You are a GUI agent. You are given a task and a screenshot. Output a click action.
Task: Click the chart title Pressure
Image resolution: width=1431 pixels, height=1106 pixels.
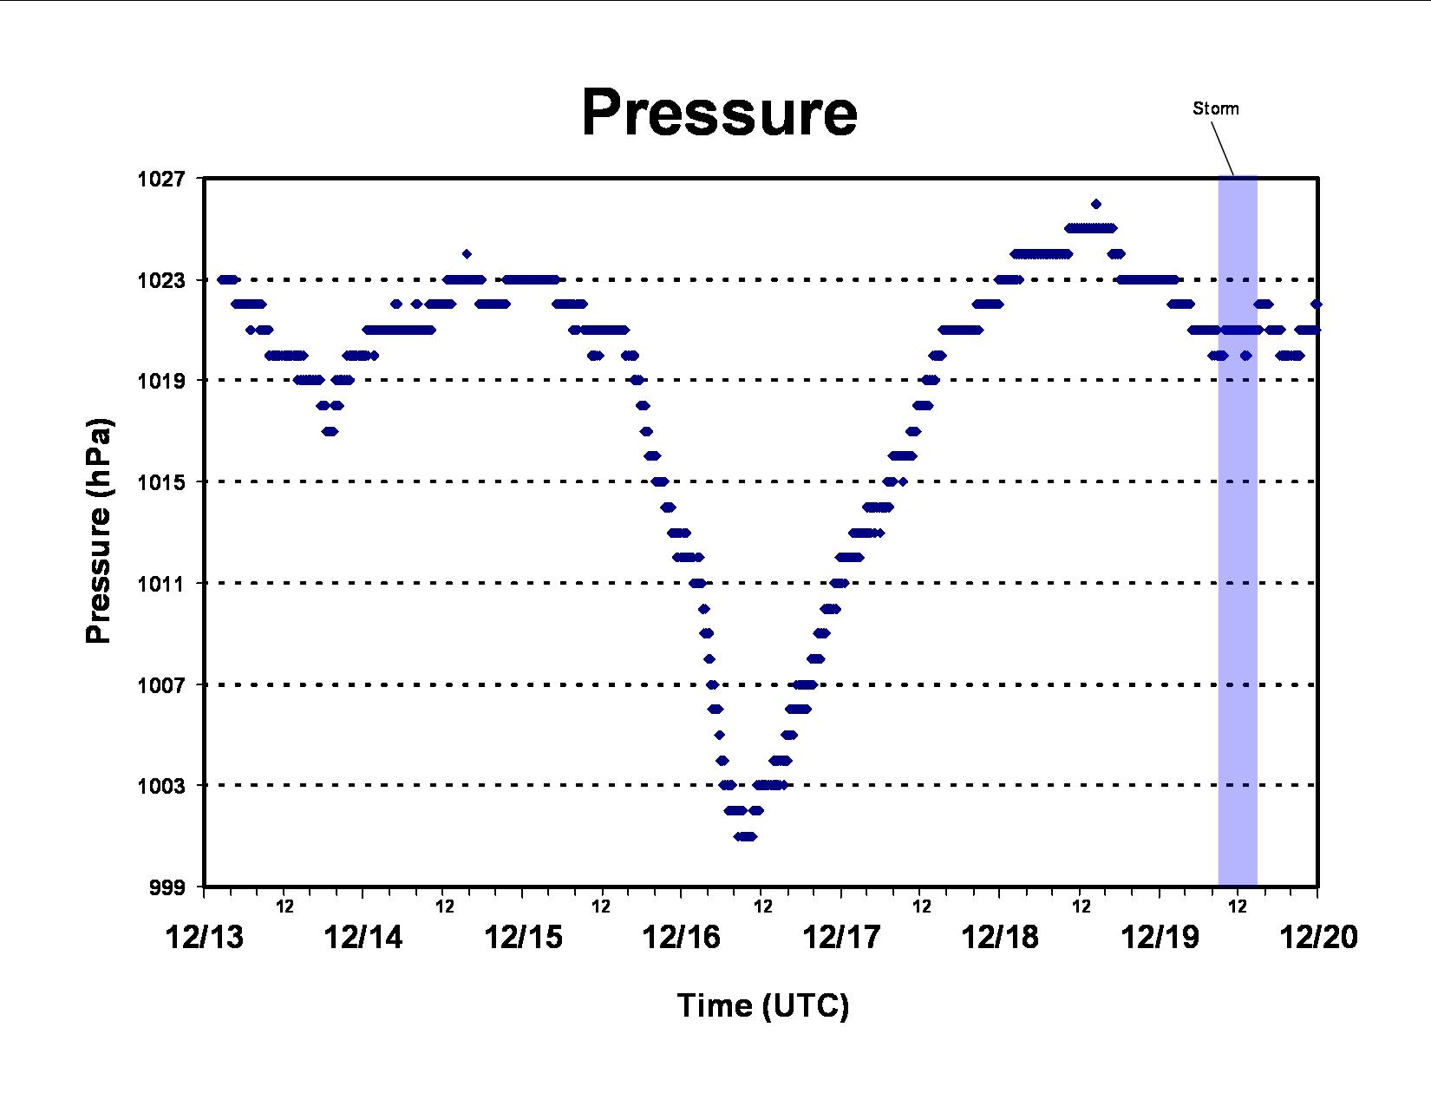(720, 113)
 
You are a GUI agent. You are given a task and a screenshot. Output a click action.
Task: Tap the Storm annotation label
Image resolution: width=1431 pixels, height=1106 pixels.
(1216, 108)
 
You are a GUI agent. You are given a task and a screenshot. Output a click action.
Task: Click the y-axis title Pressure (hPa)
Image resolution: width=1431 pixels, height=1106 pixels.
(99, 531)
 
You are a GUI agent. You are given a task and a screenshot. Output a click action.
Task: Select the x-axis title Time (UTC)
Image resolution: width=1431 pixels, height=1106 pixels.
(763, 1006)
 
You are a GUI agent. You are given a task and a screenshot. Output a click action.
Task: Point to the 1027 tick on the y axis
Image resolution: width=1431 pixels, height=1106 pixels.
(160, 180)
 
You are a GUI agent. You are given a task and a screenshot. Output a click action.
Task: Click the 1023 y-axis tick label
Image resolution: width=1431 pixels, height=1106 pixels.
(160, 280)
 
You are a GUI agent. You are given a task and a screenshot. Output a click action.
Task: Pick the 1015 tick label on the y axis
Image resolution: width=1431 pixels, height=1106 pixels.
(160, 483)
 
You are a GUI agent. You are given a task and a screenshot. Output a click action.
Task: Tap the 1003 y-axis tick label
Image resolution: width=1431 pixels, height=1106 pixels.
(160, 786)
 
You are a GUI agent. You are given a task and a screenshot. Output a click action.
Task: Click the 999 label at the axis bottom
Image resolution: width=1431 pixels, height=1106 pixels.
(167, 887)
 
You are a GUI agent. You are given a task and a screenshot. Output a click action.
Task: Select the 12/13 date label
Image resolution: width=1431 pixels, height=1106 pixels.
(204, 938)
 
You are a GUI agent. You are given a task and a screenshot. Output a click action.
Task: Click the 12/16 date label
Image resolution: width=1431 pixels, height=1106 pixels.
(682, 938)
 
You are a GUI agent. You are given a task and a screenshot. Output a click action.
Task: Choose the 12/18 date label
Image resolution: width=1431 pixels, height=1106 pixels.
(1000, 938)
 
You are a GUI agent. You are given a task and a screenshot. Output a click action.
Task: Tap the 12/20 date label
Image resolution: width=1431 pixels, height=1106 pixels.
(1318, 938)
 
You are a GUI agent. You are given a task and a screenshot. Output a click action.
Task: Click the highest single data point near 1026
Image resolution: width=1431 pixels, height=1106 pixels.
(1096, 204)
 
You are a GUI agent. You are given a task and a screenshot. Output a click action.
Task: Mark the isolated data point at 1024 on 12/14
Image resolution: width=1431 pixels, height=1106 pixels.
(467, 253)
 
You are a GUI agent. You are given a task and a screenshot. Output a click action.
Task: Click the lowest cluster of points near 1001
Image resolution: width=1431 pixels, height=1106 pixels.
(746, 836)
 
